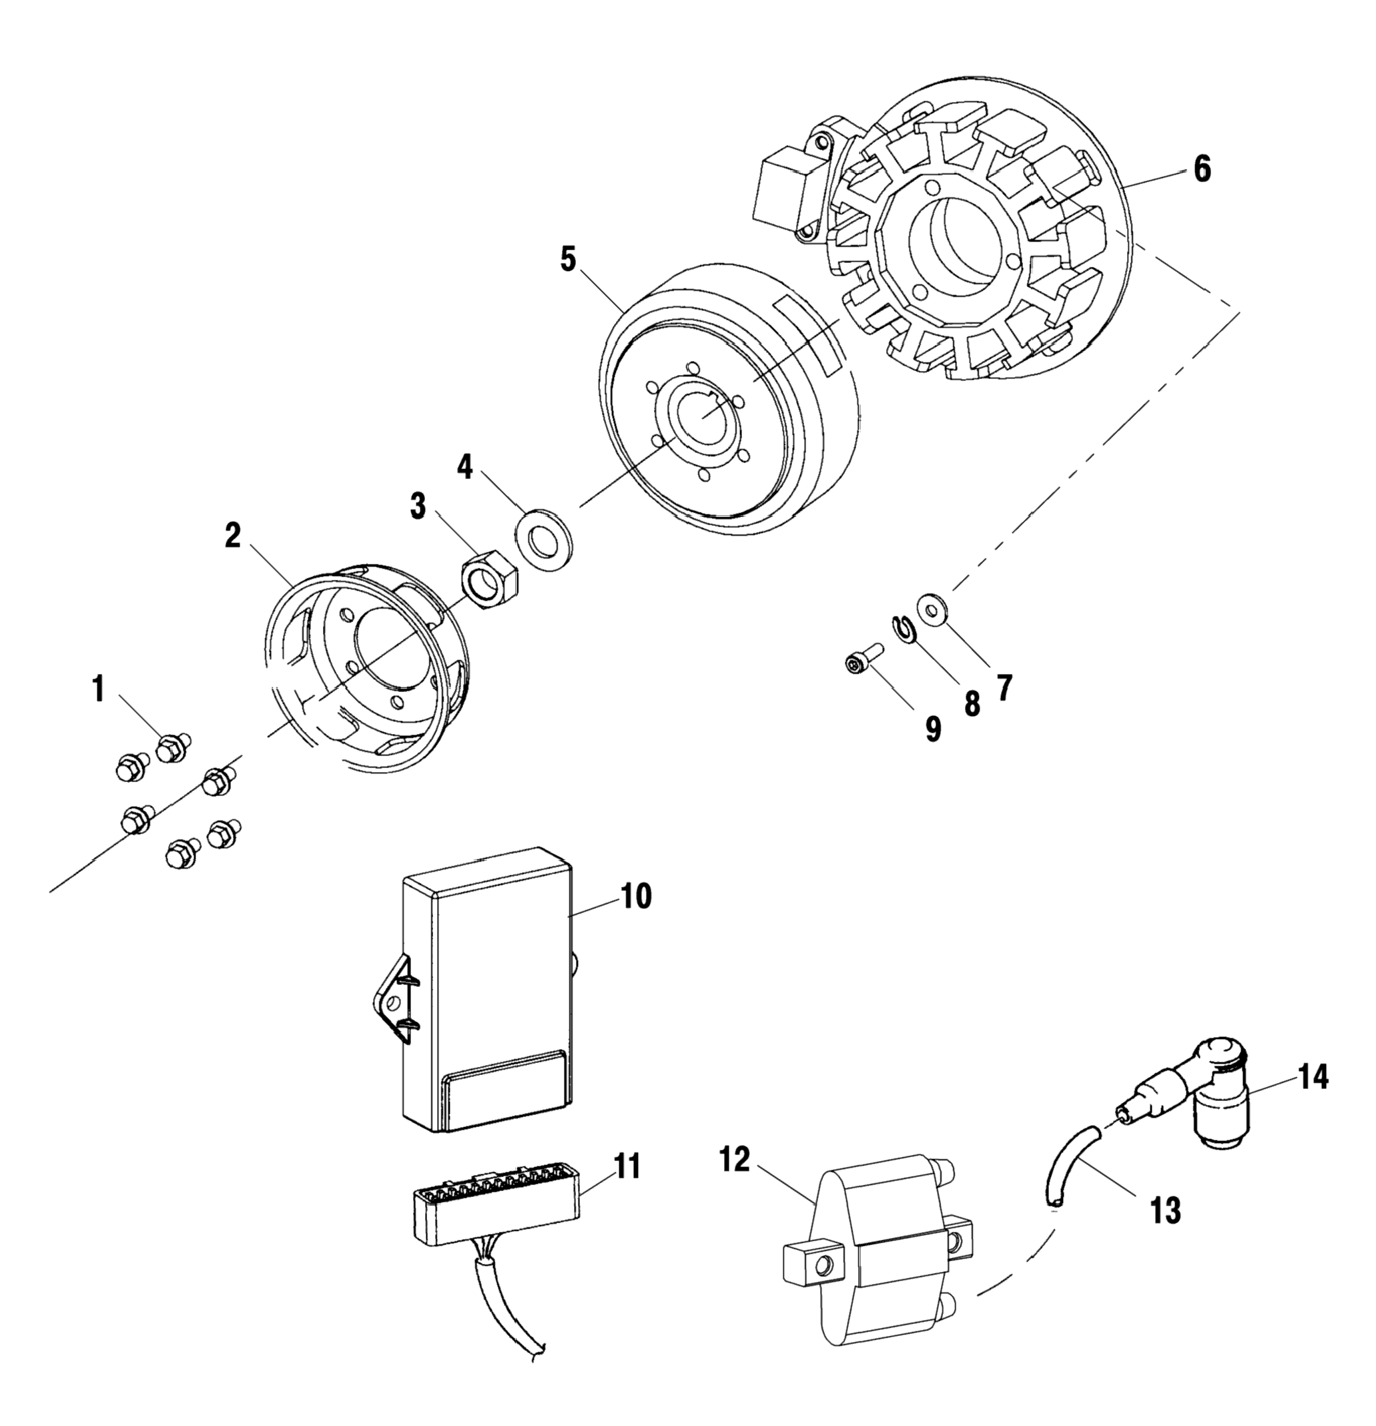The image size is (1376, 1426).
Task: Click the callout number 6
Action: click(x=1201, y=169)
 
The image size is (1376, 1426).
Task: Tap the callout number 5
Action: click(x=568, y=259)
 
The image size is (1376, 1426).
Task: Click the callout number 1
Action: click(x=98, y=688)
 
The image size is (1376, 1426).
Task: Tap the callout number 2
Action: click(x=232, y=537)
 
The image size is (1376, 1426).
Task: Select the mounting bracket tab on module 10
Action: click(x=394, y=1002)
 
